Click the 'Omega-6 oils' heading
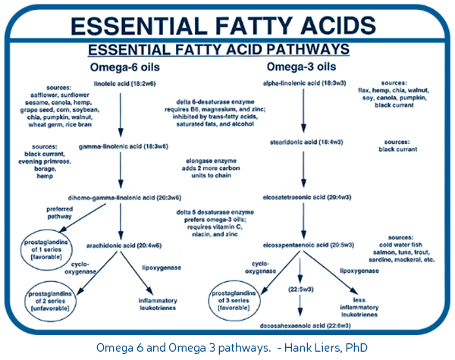[125, 67]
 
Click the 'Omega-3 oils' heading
[301, 67]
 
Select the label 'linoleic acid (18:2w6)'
[125, 84]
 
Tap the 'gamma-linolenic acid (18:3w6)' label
[124, 146]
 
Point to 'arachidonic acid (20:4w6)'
[124, 246]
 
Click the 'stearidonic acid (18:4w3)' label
[306, 142]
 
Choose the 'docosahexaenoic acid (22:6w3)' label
[305, 326]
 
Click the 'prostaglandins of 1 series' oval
[21, 249]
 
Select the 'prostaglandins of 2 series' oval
[26, 301]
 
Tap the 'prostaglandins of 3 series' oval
[209, 300]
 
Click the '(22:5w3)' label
[300, 290]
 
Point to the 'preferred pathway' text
[59, 213]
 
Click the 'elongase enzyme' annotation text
[211, 161]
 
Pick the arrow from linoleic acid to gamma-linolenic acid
[121, 115]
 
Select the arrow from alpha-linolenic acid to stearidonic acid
[303, 111]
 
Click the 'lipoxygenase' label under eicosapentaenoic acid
[359, 271]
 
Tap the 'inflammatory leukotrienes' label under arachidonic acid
[158, 305]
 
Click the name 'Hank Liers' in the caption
[310, 347]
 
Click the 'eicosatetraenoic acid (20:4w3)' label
[307, 197]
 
